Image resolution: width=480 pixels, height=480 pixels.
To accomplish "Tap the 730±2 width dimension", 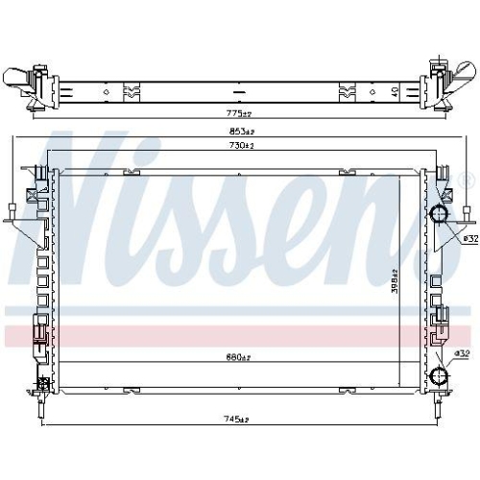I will point(241,146).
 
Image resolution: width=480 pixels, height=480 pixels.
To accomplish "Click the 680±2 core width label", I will point(238,358).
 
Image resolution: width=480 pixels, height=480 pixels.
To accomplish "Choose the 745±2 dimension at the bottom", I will point(236,420).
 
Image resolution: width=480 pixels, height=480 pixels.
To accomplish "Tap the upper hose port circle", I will point(440,212).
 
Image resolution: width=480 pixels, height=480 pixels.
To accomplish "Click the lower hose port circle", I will point(440,376).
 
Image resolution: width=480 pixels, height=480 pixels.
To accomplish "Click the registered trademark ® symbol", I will point(467,180).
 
